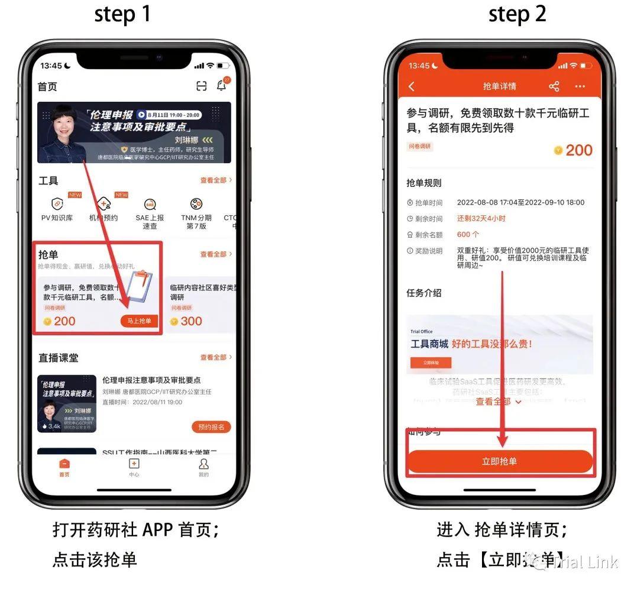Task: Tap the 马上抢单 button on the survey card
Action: (x=140, y=321)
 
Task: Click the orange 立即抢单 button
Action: (x=500, y=461)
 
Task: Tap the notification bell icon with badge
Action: (x=222, y=86)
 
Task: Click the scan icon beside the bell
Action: (x=202, y=86)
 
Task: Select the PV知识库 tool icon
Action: (x=57, y=205)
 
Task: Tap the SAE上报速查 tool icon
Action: (x=150, y=205)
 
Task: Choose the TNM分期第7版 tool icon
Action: (x=196, y=205)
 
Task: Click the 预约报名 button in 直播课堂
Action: (x=211, y=427)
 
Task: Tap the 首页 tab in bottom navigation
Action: (x=64, y=467)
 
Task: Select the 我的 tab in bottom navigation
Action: (x=203, y=467)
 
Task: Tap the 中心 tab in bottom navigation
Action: (x=134, y=467)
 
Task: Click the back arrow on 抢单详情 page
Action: (x=412, y=86)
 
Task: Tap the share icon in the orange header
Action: (x=554, y=86)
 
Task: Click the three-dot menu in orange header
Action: (x=580, y=86)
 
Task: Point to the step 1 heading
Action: (x=122, y=15)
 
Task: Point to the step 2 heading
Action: (x=517, y=15)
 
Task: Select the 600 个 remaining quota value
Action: (x=468, y=235)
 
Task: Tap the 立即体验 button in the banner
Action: (x=431, y=363)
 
